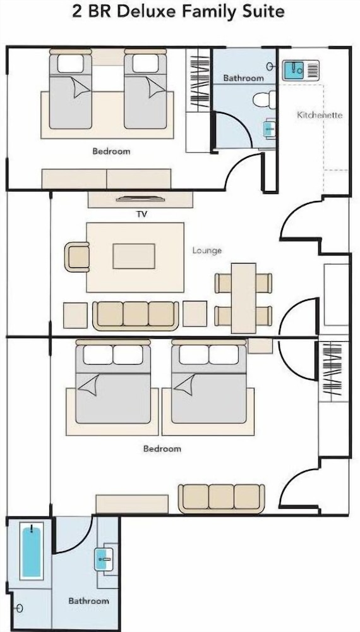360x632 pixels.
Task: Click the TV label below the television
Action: point(141,214)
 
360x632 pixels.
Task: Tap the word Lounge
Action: point(207,250)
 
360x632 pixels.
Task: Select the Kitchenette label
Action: point(320,115)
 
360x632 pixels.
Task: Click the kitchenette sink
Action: point(294,70)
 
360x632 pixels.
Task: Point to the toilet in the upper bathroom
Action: point(265,100)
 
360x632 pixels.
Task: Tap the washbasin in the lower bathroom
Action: point(103,559)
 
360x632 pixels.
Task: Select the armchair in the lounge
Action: point(77,257)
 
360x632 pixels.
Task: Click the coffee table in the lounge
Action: point(134,256)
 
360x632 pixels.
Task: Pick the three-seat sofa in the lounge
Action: point(136,315)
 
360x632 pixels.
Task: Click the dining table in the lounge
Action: point(244,298)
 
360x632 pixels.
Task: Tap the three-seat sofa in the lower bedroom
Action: point(222,499)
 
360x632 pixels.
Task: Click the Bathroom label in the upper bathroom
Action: point(244,78)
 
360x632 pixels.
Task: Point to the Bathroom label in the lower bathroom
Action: point(88,600)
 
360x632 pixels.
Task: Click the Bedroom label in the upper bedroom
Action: point(111,152)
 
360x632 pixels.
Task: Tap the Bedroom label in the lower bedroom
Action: point(162,449)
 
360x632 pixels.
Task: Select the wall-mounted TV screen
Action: point(141,198)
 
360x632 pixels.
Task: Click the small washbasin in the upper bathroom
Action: point(269,128)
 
